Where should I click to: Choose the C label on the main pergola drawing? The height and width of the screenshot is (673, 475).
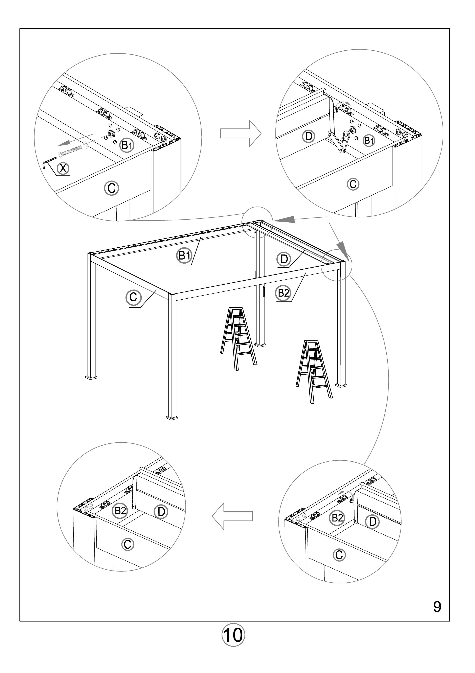pyautogui.click(x=133, y=298)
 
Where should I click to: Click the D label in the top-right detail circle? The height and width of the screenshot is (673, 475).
pyautogui.click(x=309, y=136)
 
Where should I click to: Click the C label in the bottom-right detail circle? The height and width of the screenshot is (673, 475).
pyautogui.click(x=339, y=555)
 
